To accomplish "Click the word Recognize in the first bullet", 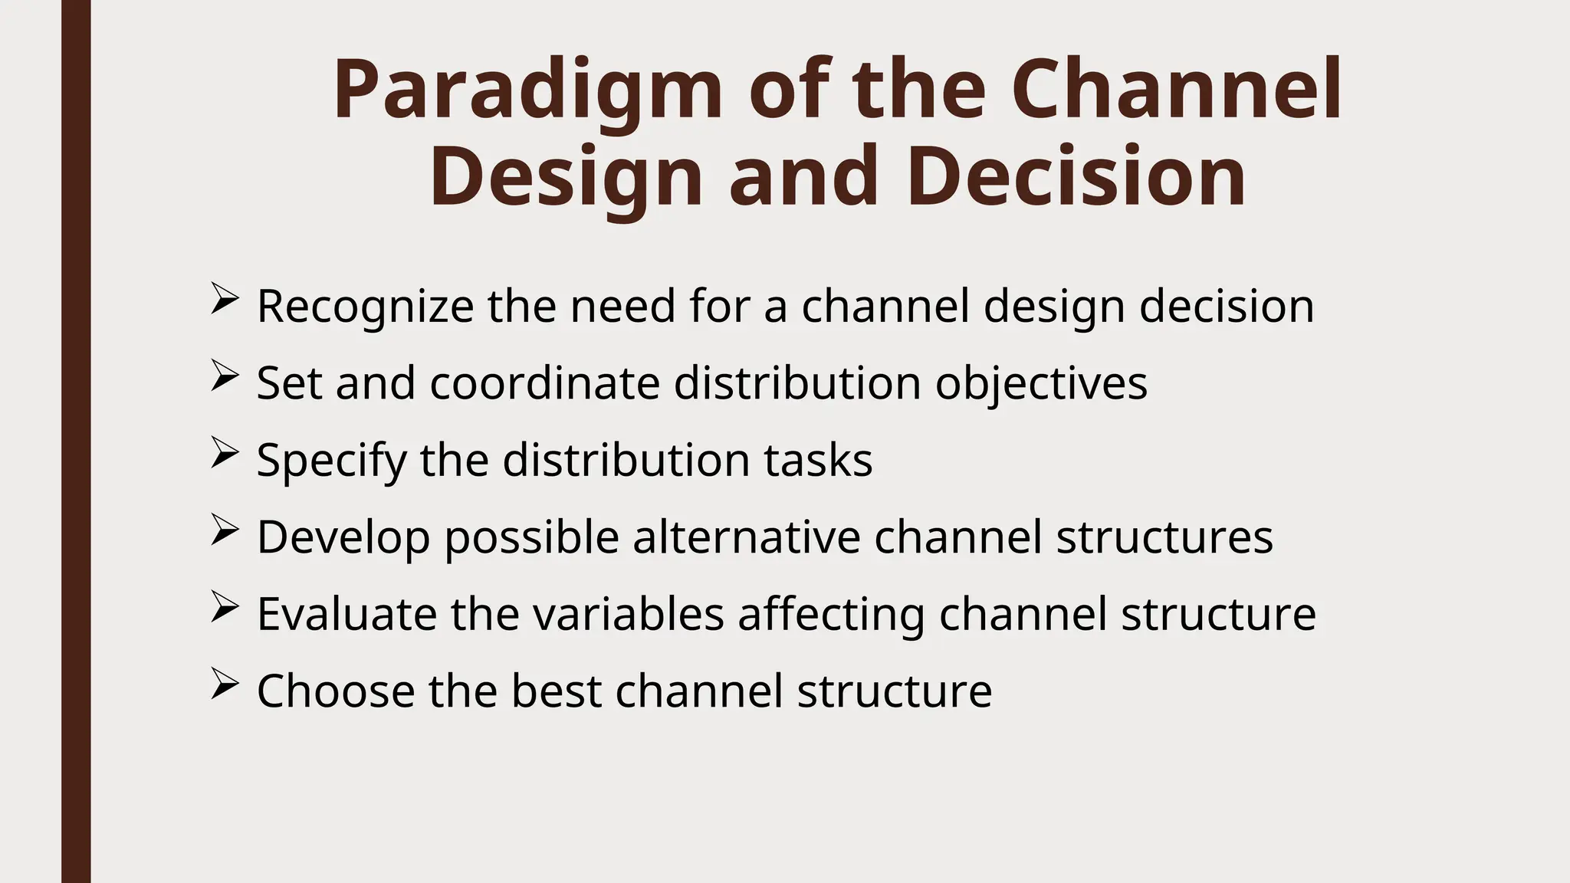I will point(365,307).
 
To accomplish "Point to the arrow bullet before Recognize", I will point(224,299).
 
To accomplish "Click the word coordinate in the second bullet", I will point(544,383).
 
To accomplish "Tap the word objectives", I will point(1041,383).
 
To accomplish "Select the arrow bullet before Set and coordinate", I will point(224,376).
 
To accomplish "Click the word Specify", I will point(331,460).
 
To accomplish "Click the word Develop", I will point(343,537).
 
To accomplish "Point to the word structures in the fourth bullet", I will point(1164,537).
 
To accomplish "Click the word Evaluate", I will point(347,614).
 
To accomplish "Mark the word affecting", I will point(831,614).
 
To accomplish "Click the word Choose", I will point(335,691).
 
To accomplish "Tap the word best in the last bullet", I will point(556,691).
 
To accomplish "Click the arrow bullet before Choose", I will point(224,683).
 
